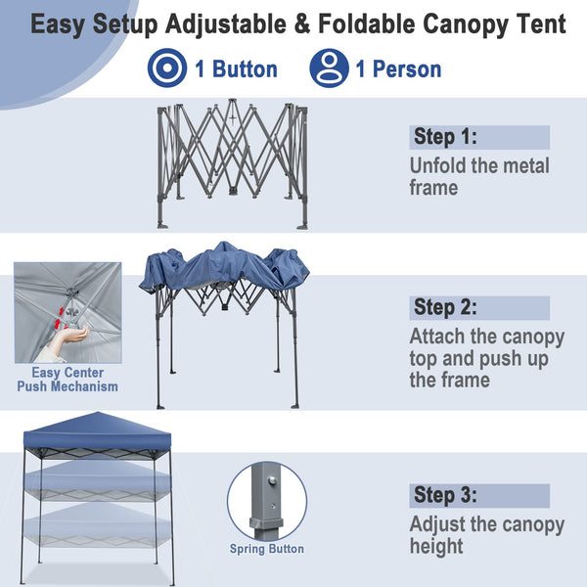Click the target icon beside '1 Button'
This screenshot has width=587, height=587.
165,68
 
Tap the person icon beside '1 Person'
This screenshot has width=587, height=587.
329,68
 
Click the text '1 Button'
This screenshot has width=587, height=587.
236,69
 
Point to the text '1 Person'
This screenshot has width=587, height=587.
398,69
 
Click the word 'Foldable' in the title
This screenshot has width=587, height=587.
337,24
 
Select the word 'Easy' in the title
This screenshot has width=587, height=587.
67,24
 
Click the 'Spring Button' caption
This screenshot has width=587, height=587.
267,549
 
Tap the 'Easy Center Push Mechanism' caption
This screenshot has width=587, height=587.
68,380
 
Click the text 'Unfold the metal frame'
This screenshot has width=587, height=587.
479,176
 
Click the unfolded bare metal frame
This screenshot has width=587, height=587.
232,161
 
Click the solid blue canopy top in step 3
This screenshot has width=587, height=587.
93,430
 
